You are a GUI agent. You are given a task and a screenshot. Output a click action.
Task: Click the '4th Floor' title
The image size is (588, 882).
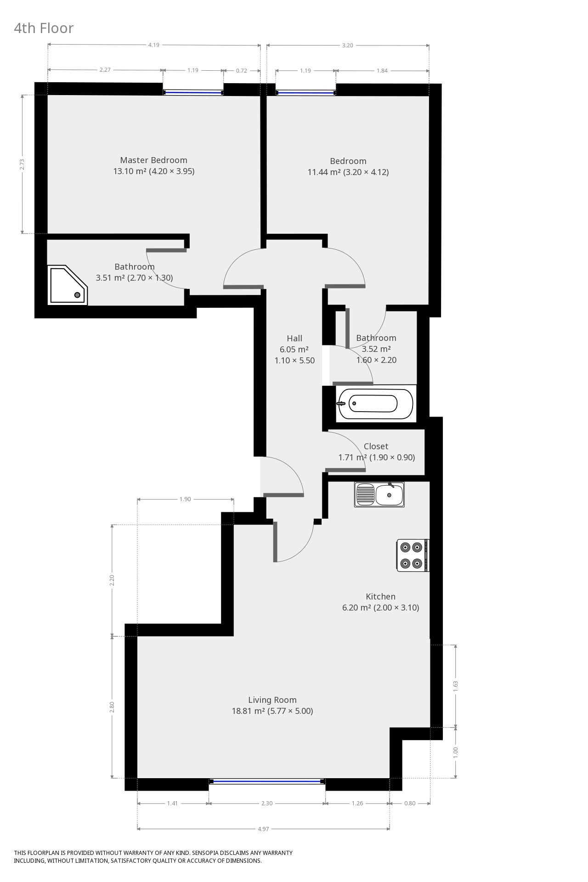(x=44, y=28)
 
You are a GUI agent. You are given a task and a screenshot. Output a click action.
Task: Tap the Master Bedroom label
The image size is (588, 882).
(x=154, y=160)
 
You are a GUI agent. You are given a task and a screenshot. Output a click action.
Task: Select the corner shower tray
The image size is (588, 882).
(x=68, y=285)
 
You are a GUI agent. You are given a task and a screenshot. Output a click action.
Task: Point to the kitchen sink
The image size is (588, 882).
(x=379, y=494)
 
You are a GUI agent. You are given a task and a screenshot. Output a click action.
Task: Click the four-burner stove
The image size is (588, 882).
(x=412, y=555)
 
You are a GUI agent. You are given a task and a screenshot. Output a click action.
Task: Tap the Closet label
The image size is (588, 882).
(x=376, y=446)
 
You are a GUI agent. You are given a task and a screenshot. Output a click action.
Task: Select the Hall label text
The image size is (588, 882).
(x=294, y=338)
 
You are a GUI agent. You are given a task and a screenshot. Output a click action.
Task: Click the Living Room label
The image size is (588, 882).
(x=272, y=700)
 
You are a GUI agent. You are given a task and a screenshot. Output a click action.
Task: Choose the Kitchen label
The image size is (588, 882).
(x=380, y=596)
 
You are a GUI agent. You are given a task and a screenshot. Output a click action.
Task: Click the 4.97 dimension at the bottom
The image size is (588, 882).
(x=263, y=829)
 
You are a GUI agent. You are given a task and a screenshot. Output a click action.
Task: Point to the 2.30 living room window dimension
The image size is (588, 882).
(x=267, y=803)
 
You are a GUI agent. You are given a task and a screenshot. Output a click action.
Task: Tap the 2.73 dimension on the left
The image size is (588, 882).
(x=22, y=164)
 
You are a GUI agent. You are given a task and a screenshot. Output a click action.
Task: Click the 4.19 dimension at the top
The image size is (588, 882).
(x=153, y=45)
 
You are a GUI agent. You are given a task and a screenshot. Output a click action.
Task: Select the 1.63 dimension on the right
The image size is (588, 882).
(x=456, y=686)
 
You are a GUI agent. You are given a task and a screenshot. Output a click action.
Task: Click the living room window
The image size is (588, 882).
(x=267, y=781)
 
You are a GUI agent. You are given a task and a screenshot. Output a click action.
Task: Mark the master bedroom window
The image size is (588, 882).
(x=193, y=92)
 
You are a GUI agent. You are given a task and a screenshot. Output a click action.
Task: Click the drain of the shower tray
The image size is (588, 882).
(x=78, y=295)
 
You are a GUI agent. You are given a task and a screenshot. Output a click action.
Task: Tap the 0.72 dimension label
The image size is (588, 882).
(x=242, y=70)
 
